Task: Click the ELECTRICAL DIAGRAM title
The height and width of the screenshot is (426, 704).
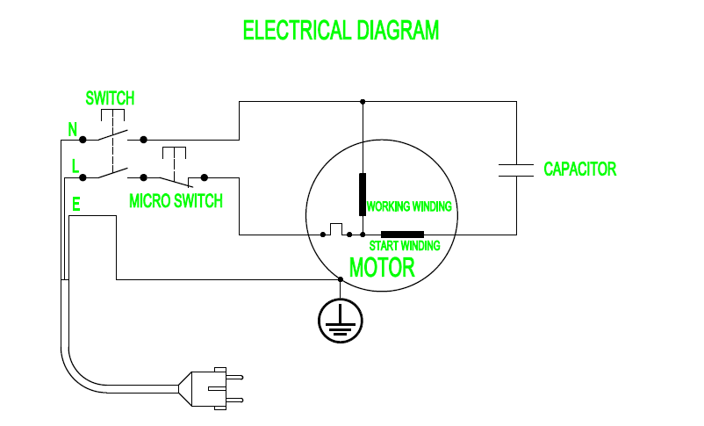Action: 341,31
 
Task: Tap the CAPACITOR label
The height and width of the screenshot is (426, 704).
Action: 579,169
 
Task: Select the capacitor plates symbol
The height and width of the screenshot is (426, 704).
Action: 515,170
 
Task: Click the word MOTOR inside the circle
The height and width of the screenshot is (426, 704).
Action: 382,267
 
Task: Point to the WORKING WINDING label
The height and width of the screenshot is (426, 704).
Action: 409,207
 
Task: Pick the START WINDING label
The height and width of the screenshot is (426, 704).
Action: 404,246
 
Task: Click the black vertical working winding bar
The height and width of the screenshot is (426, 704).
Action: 362,194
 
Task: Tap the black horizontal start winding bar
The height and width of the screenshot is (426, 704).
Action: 402,235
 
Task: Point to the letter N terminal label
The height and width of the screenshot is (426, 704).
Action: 73,130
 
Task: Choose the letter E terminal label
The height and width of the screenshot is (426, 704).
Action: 76,206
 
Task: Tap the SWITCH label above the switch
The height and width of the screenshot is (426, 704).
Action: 110,97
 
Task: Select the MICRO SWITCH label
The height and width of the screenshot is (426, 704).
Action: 176,201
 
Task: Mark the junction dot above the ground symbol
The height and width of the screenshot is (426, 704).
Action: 340,280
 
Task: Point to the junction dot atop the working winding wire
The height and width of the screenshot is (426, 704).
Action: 362,102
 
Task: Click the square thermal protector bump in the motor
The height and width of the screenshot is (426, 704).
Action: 335,229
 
